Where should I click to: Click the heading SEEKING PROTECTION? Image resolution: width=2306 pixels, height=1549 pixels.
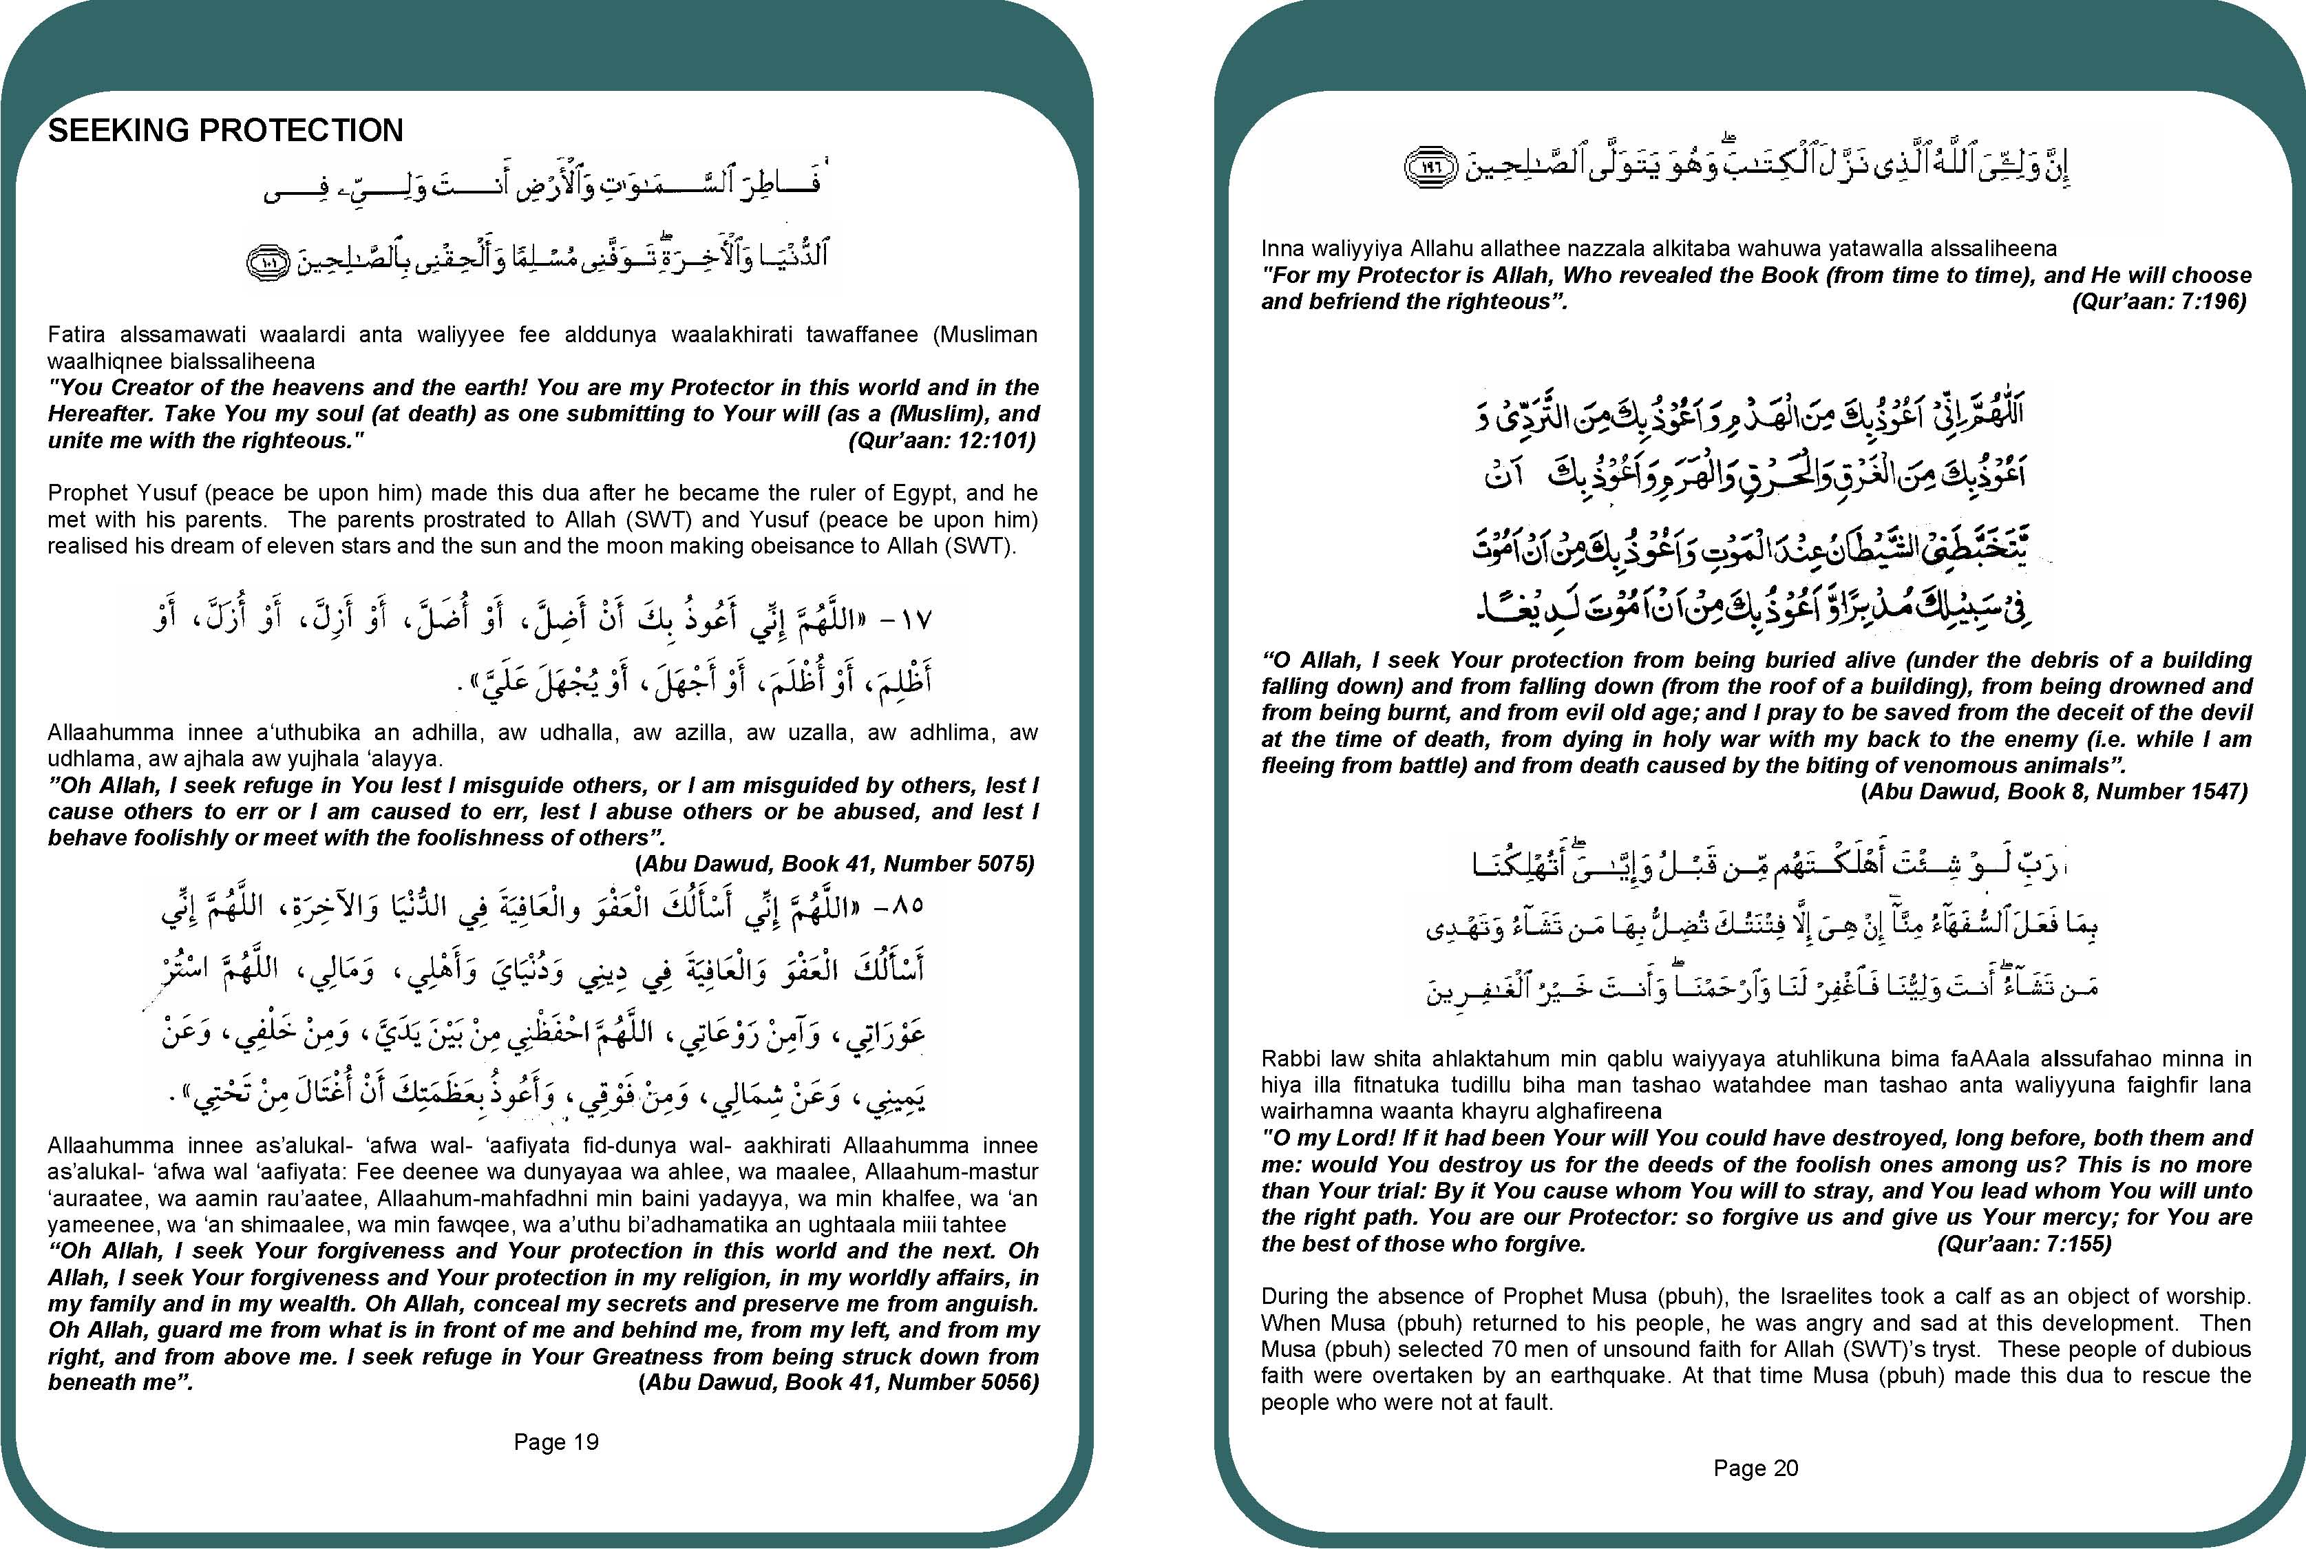(x=225, y=130)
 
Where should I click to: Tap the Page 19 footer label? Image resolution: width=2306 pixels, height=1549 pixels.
(x=556, y=1442)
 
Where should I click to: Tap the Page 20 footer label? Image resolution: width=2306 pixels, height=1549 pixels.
(x=1756, y=1468)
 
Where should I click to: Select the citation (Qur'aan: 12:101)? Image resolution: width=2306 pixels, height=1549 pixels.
(x=941, y=441)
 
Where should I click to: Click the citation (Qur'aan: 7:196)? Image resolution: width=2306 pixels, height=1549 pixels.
(x=2159, y=302)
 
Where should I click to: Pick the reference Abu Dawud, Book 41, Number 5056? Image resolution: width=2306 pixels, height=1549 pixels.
(x=839, y=1382)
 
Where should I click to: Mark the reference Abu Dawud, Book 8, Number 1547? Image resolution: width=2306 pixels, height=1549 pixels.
(x=2054, y=791)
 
